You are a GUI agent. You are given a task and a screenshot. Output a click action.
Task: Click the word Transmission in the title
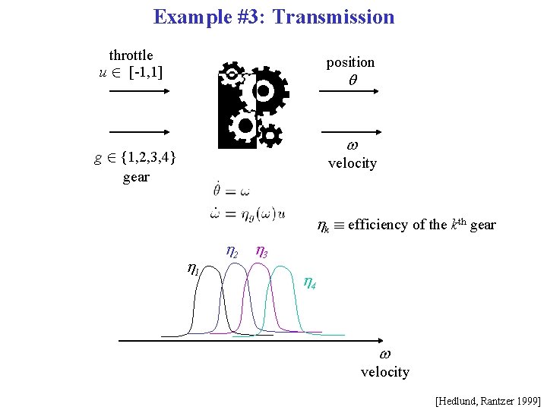point(333,17)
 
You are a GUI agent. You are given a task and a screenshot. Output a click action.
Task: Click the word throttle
point(131,55)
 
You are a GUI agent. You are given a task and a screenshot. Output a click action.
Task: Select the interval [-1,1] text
point(146,73)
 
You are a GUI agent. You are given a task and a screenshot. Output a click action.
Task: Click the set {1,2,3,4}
point(144,158)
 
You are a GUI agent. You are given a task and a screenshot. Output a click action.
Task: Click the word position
point(350,62)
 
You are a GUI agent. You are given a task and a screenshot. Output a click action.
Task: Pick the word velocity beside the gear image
point(352,163)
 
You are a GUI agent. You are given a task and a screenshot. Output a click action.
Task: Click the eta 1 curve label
point(193,268)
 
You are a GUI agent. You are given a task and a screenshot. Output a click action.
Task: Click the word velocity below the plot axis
point(384,371)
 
